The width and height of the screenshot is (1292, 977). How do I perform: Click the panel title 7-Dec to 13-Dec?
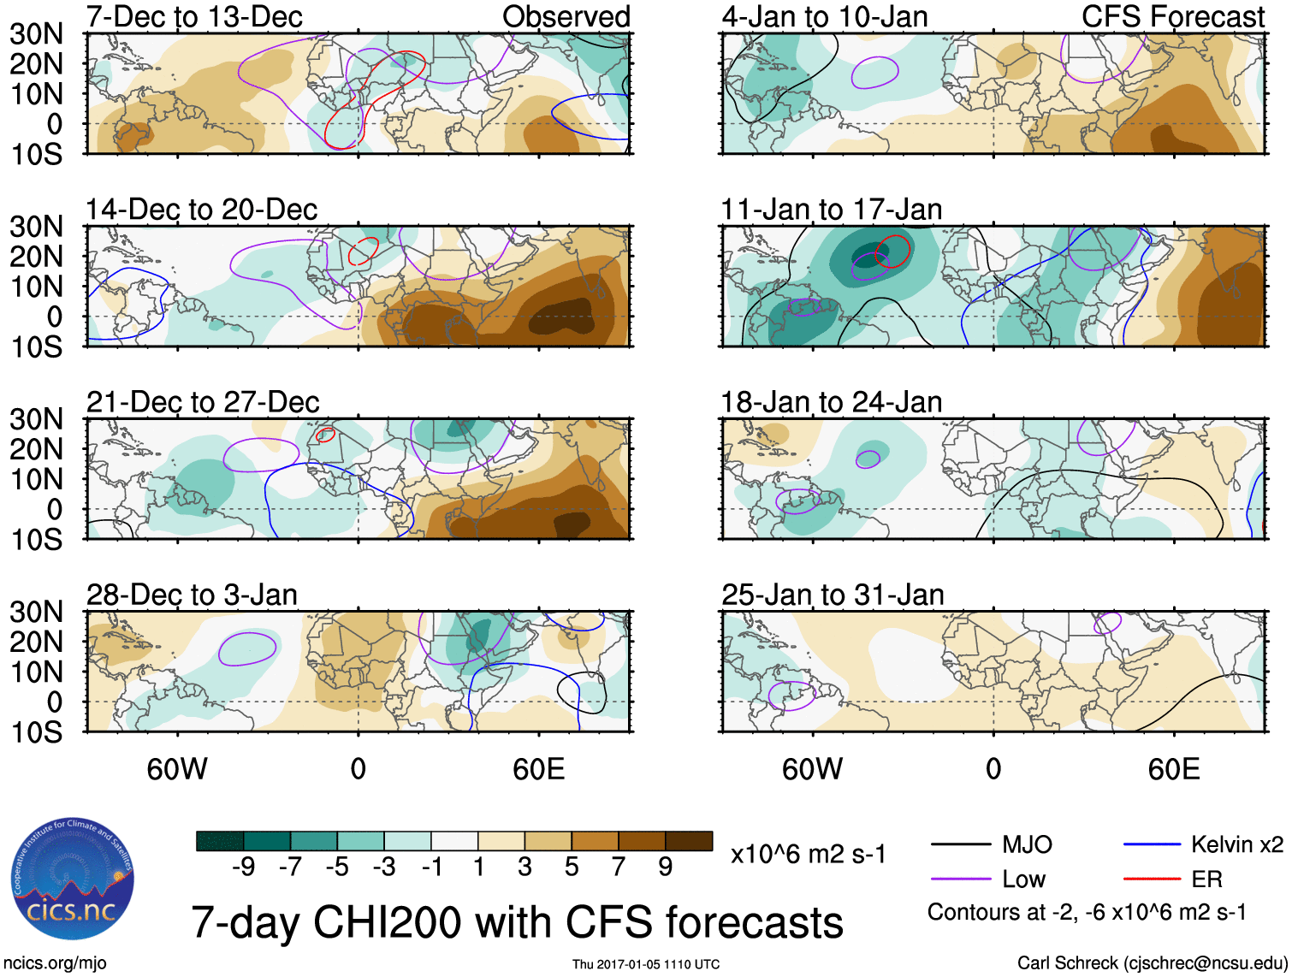click(194, 16)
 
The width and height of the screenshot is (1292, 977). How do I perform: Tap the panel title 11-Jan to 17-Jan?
click(831, 210)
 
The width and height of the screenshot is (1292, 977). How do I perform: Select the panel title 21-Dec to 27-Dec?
click(203, 402)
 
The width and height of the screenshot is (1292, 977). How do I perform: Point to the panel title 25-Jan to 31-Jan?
click(833, 595)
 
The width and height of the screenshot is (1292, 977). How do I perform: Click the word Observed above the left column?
click(566, 16)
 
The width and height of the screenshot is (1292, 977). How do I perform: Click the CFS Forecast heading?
click(1172, 16)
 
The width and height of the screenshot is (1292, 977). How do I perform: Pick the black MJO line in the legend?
click(960, 845)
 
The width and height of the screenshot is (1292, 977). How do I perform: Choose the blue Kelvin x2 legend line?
click(1152, 845)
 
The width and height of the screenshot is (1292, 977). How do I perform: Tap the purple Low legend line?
click(960, 879)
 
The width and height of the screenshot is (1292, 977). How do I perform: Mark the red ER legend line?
click(1152, 879)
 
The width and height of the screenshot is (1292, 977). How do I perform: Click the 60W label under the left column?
click(177, 769)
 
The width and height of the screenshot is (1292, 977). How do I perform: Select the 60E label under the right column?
click(1173, 769)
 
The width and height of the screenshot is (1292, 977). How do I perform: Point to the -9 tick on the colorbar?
click(243, 867)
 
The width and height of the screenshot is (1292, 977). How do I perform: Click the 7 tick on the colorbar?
click(619, 867)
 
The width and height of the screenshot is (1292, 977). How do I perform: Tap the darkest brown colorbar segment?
click(689, 841)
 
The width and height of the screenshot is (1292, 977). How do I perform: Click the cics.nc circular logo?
click(73, 879)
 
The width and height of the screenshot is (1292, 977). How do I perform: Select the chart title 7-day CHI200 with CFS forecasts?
click(517, 922)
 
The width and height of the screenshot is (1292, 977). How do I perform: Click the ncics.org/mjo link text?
click(55, 963)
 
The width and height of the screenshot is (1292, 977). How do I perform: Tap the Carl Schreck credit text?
click(1152, 963)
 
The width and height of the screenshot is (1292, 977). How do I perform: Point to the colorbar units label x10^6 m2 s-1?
click(808, 854)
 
